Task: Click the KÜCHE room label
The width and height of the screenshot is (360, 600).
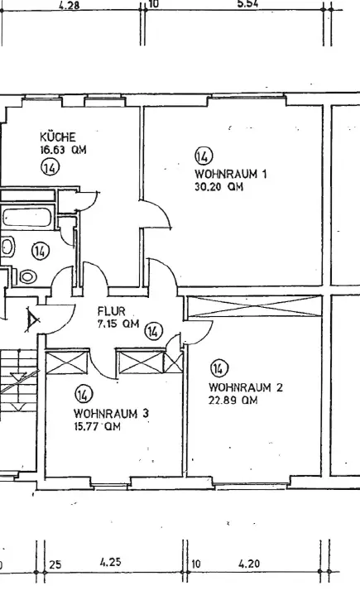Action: pos(58,137)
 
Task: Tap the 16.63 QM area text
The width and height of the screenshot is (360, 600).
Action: pos(63,150)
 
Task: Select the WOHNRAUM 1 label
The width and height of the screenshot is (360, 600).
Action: pos(231,174)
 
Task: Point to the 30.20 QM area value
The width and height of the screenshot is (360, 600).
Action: pos(218,187)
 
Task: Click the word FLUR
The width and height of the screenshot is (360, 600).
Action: pos(112,311)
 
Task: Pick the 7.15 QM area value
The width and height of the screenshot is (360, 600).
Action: pos(118,324)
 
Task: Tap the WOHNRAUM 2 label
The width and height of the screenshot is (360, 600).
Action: pos(246,387)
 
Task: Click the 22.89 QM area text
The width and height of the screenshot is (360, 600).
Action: pos(233,401)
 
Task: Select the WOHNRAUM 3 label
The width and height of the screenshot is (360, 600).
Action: pos(112,413)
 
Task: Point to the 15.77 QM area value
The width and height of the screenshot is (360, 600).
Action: pos(97,426)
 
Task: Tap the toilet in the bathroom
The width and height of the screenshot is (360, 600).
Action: pos(26,276)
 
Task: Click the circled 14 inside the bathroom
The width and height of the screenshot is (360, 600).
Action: pos(41,251)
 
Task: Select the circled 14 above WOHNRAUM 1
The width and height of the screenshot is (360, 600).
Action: pos(204,156)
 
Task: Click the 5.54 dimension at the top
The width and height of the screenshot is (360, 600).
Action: pos(247,4)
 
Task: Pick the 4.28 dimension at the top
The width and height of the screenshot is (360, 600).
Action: pos(70,6)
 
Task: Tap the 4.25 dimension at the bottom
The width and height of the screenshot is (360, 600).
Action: pos(111,563)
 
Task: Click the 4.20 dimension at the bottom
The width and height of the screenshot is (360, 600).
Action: pos(249,564)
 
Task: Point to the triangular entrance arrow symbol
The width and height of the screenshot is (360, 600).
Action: pos(32,319)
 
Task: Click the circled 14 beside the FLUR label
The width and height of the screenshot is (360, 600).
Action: pos(153,331)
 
